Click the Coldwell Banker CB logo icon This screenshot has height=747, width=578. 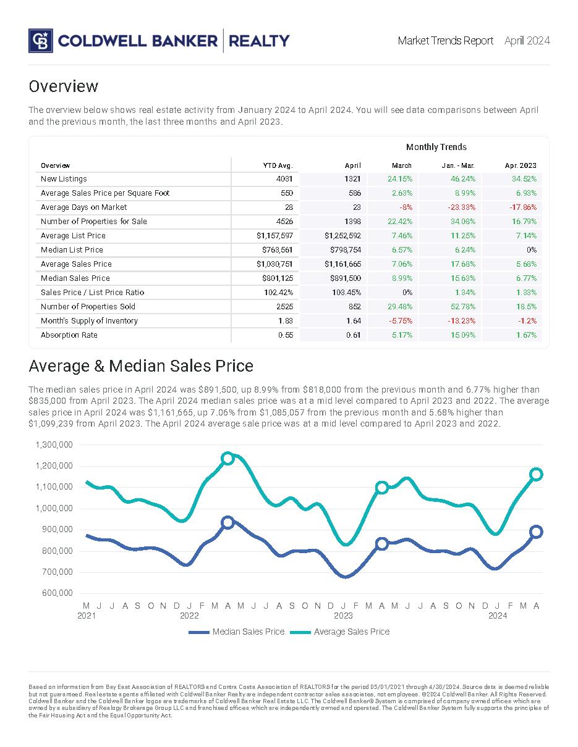pyautogui.click(x=41, y=41)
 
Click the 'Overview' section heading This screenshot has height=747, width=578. pyautogui.click(x=63, y=86)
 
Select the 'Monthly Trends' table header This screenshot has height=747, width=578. pyautogui.click(x=436, y=147)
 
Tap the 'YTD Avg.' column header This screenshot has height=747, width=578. pyautogui.click(x=278, y=165)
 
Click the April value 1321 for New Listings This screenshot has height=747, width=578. pyautogui.click(x=352, y=179)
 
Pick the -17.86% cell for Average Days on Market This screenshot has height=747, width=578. pyautogui.click(x=522, y=207)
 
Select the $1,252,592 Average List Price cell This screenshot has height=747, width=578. pyautogui.click(x=342, y=236)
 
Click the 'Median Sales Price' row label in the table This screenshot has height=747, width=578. pyautogui.click(x=75, y=278)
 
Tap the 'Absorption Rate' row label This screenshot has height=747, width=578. pyautogui.click(x=69, y=335)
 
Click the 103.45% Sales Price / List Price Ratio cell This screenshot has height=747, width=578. pyautogui.click(x=347, y=293)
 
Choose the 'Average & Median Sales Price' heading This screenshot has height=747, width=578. pyautogui.click(x=141, y=366)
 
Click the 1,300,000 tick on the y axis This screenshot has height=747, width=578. pyautogui.click(x=54, y=444)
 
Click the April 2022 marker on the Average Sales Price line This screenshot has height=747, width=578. pyautogui.click(x=227, y=458)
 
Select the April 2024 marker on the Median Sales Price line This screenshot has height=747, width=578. pyautogui.click(x=536, y=532)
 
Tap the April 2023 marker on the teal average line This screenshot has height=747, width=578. pyautogui.click(x=382, y=487)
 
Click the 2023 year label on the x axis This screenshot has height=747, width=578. pyautogui.click(x=343, y=616)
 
